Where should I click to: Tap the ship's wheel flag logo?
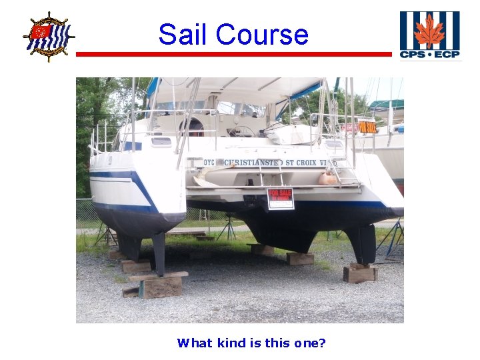48,36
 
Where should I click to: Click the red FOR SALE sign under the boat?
280,199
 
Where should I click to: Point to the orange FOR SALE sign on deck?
367,127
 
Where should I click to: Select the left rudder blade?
159,253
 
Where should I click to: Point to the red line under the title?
233,54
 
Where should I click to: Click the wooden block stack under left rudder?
160,285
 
